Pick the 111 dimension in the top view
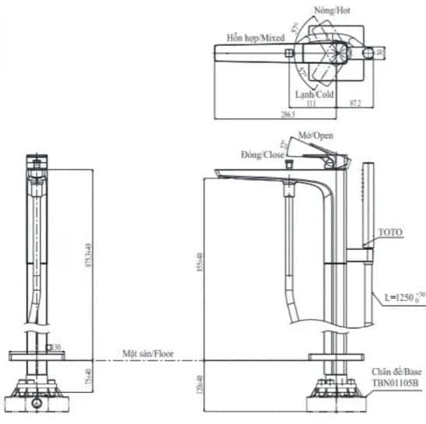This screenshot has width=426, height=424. (x=312, y=102)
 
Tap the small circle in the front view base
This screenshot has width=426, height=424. (x=36, y=405)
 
